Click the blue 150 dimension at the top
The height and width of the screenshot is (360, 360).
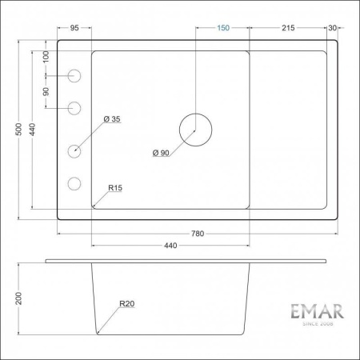pos(223,28)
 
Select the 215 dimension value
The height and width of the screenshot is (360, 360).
pos(288,28)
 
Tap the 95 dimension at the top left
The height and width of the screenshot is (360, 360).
pos(74,28)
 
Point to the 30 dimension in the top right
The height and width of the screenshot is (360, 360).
pos(334,28)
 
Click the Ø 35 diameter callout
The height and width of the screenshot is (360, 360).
pos(112,120)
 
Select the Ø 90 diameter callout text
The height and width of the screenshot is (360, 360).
pos(160,153)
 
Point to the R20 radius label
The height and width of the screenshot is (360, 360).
pos(126,304)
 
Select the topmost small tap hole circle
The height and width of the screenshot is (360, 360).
pos(75,76)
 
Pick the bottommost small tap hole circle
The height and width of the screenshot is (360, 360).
pos(75,183)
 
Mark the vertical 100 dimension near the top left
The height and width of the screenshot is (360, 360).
pos(46,58)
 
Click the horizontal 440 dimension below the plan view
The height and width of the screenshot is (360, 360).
pos(170,246)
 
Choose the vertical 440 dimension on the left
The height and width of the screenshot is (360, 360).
pos(34,130)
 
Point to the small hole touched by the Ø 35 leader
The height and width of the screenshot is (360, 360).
pos(75,150)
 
